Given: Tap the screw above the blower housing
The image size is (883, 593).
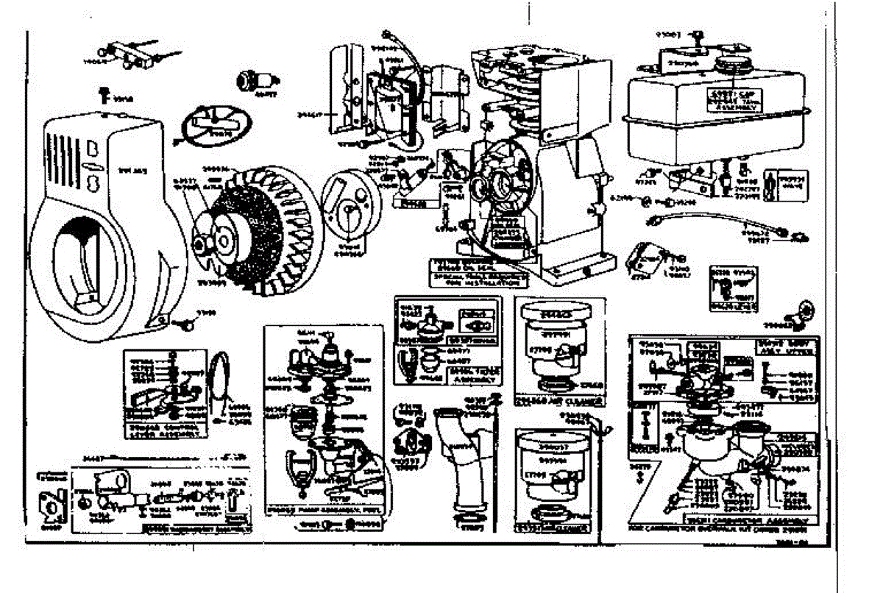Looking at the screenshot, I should coord(104,93).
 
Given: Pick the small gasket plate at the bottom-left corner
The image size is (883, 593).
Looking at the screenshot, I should coord(52,507).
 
